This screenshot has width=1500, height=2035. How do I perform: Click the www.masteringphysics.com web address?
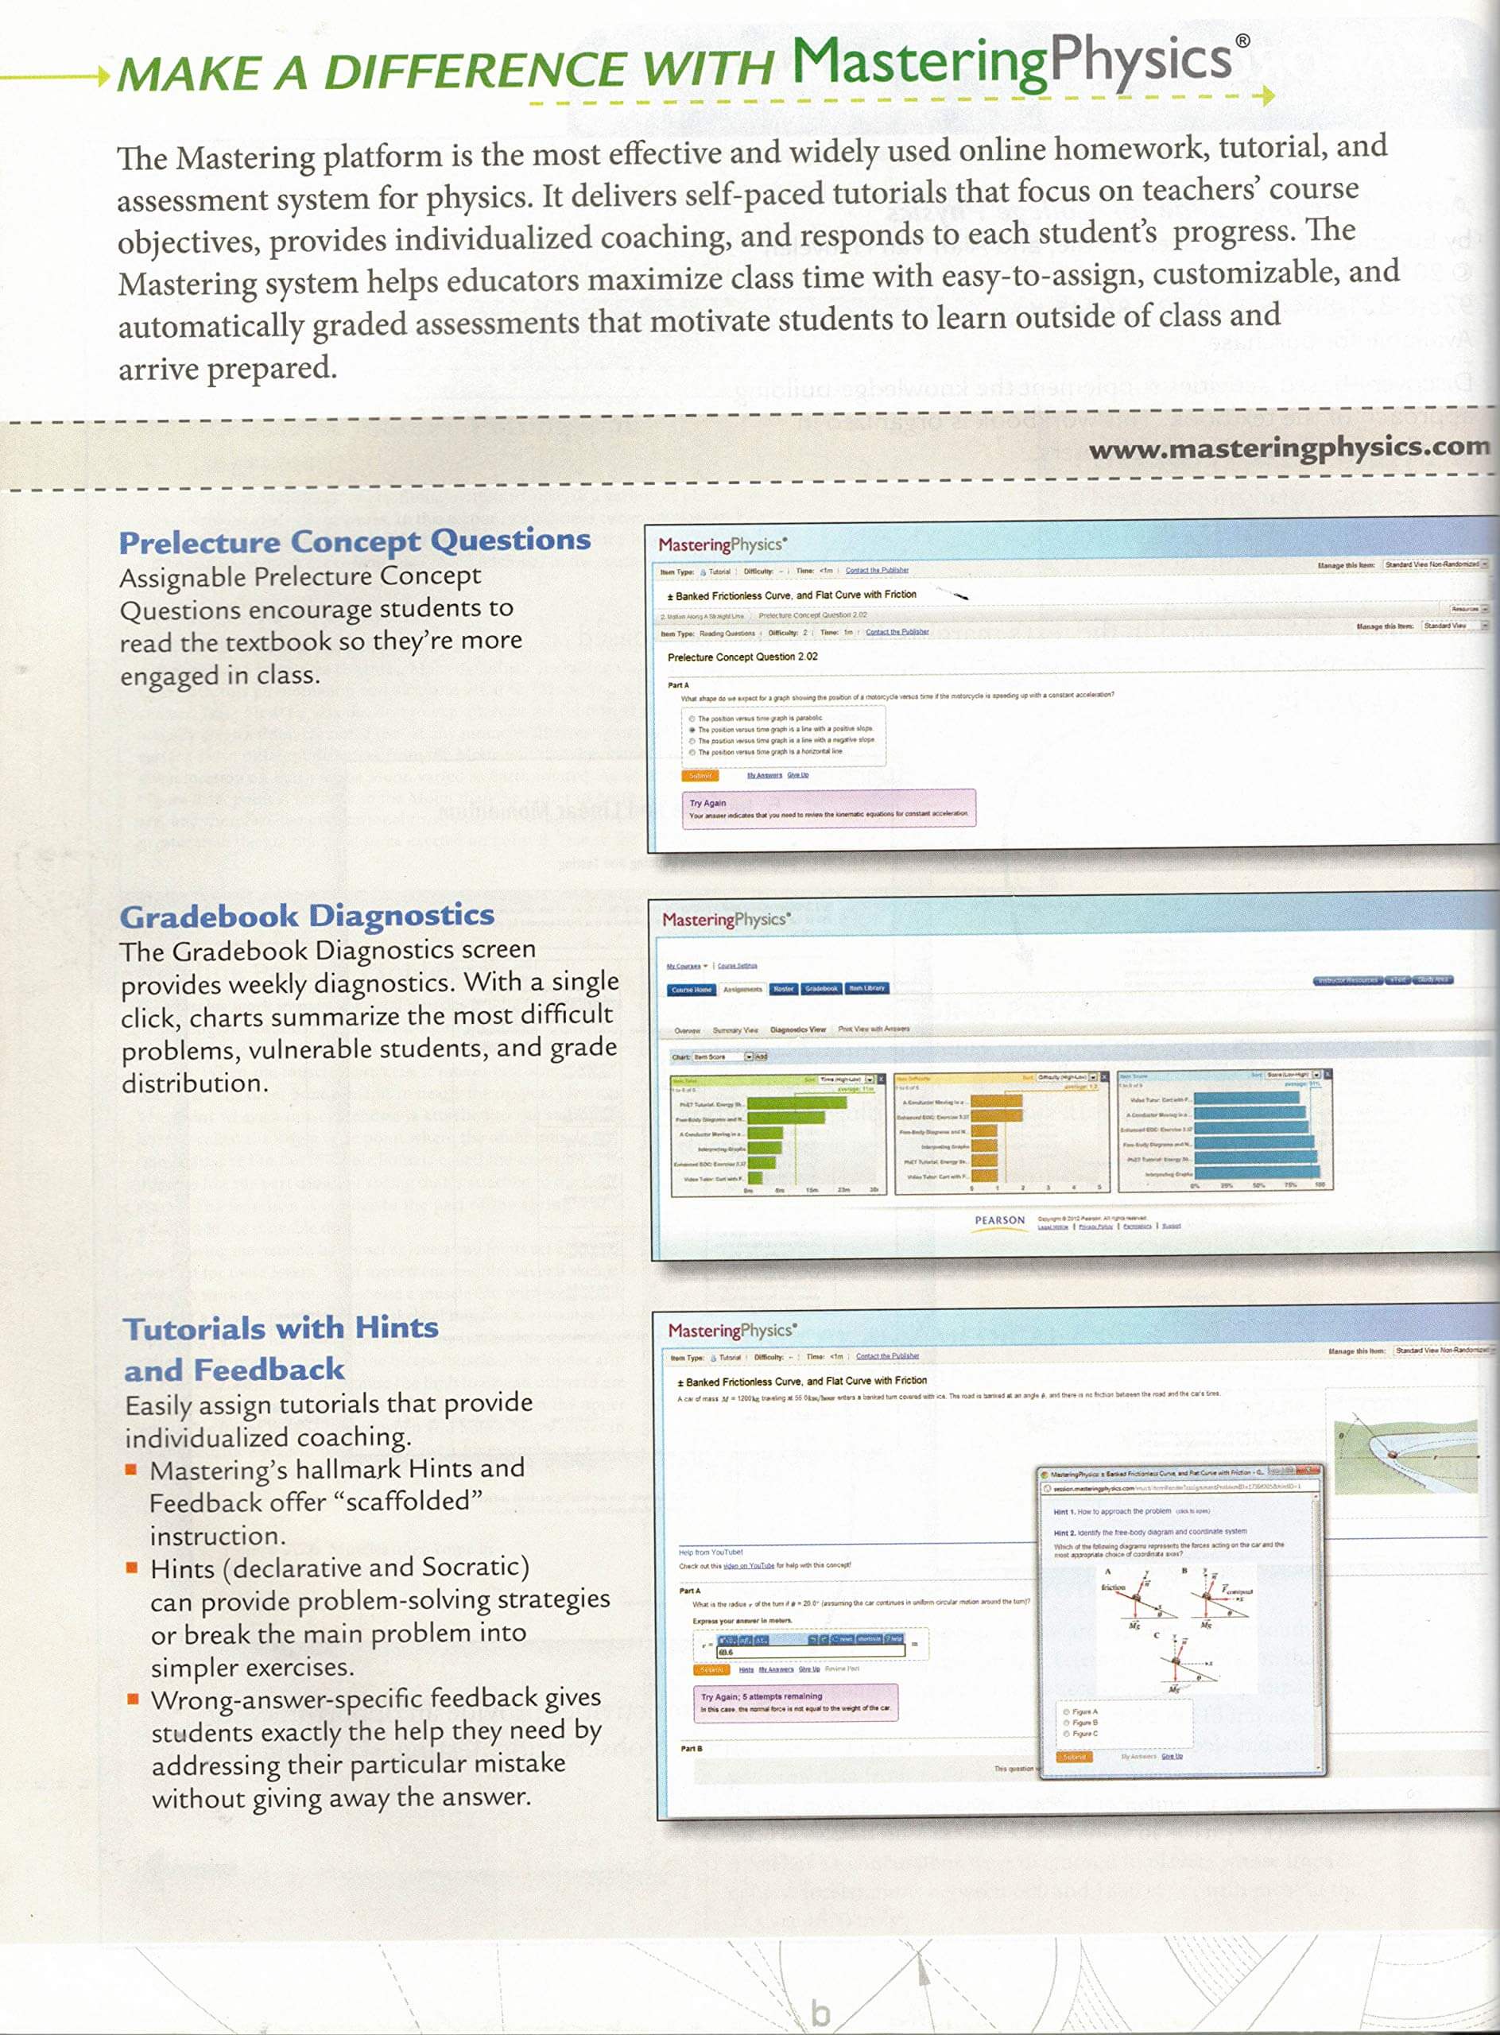coord(1289,448)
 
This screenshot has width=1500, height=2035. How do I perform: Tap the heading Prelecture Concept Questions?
coord(354,541)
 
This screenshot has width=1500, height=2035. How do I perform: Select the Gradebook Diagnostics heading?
coord(307,915)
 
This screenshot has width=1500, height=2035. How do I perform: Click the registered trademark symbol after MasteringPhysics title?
coord(1243,41)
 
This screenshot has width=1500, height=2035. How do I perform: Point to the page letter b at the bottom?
coord(820,2012)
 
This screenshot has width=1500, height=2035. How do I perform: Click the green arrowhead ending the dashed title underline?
coord(1269,95)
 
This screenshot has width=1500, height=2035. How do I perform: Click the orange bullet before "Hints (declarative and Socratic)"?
coord(133,1568)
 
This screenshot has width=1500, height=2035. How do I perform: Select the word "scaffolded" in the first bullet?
coord(409,1501)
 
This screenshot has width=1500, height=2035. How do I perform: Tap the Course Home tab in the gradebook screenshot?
coord(692,989)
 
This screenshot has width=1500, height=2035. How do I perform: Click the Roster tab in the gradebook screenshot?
coord(783,989)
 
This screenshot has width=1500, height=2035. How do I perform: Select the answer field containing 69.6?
coord(810,1651)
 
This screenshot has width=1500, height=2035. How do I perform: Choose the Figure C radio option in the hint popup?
coord(1067,1734)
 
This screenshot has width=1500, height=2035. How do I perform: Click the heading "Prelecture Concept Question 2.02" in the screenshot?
coord(742,657)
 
